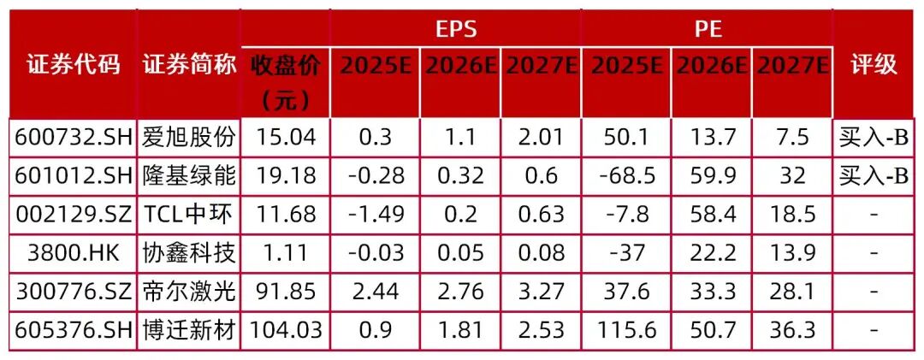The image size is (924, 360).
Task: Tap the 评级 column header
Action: (x=874, y=65)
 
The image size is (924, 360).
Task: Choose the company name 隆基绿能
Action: (x=188, y=175)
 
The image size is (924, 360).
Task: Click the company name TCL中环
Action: (x=188, y=214)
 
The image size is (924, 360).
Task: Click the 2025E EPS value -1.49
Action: (x=375, y=214)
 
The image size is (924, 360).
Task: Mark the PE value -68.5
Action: (x=626, y=175)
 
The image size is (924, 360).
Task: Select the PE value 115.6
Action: (x=626, y=329)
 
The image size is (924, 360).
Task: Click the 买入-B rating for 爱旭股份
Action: (x=874, y=137)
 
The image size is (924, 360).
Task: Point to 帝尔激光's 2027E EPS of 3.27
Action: (x=539, y=291)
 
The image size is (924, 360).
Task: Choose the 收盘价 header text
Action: (x=287, y=82)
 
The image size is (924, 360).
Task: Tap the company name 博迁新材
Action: (x=188, y=329)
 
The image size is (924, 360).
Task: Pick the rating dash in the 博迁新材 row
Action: (x=874, y=329)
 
